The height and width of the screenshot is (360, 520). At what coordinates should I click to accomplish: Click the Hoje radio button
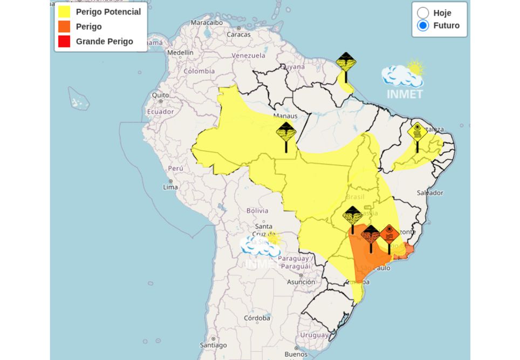pos(423,13)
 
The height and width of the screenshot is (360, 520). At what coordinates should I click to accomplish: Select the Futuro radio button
pos(423,25)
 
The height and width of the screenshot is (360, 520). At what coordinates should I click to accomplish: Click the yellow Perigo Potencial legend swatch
pos(64,11)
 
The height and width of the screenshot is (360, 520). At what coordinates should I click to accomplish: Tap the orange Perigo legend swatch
pos(64,26)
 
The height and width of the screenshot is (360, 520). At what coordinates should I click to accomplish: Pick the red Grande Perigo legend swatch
pos(64,42)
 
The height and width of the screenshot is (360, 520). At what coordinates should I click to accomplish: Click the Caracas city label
pos(238,35)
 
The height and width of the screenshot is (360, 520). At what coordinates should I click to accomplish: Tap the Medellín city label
pos(180,53)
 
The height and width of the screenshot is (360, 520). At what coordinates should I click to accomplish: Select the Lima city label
pos(170,187)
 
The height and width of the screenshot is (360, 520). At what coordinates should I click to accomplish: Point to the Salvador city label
pos(430,193)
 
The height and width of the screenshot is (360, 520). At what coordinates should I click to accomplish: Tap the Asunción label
pos(301,282)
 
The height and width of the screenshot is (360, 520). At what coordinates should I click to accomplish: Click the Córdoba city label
pos(257,318)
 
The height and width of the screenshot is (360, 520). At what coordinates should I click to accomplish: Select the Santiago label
pos(213,345)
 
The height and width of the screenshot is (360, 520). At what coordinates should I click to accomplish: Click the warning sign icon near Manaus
pos(286,132)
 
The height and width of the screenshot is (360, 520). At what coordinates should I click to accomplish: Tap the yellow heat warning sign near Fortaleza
pos(417,132)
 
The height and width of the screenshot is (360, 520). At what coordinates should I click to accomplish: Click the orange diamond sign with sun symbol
pos(389,235)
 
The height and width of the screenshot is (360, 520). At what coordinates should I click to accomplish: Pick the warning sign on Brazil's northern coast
pos(346,62)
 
